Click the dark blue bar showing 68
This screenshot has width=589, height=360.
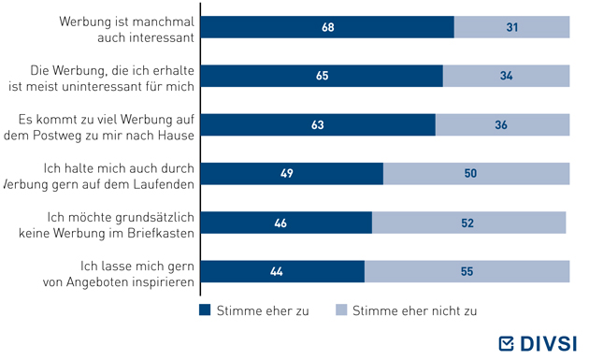(327, 27)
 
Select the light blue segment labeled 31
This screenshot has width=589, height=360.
(512, 27)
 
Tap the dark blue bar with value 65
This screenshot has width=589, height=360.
(322, 76)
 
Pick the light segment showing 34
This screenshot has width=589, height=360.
(507, 76)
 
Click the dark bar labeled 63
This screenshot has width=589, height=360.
(318, 124)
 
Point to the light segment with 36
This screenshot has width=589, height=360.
(503, 124)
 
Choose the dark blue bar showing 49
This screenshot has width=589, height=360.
(293, 174)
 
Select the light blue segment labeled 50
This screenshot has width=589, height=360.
(477, 174)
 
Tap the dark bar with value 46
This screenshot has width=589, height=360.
(287, 223)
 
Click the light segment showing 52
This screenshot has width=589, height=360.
(469, 223)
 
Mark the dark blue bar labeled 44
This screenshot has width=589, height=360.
(283, 271)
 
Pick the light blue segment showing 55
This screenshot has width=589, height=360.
(467, 271)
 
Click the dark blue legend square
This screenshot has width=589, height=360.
(205, 310)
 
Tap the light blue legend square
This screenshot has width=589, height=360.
(341, 310)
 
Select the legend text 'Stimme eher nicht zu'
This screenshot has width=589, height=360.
(415, 310)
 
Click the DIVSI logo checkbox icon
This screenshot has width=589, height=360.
(506, 343)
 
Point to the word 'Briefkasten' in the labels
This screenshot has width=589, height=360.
(161, 234)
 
